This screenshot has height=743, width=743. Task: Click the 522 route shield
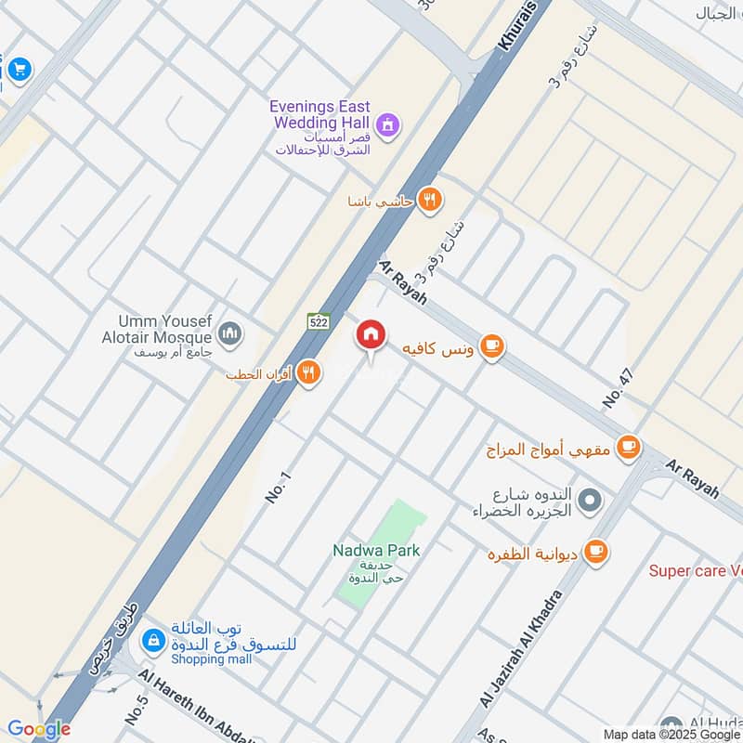[x=318, y=321]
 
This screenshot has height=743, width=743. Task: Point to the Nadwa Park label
[x=376, y=551]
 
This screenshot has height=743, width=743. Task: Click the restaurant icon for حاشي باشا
[x=428, y=200]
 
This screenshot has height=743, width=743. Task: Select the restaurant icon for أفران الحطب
[x=309, y=373]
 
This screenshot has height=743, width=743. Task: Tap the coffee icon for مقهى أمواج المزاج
[x=629, y=448]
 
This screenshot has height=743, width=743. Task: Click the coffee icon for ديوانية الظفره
[x=595, y=552]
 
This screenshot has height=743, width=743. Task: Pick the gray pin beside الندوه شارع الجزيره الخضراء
[x=588, y=502]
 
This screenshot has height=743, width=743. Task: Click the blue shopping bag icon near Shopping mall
[x=151, y=640]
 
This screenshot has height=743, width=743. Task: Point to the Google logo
[x=39, y=729]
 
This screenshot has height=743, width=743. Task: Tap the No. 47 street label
[x=617, y=389]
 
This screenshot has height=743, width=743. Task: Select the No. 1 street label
[x=278, y=488]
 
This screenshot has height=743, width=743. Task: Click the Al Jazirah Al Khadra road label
[x=522, y=650]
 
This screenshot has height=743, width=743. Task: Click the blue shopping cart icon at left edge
[x=19, y=69]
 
